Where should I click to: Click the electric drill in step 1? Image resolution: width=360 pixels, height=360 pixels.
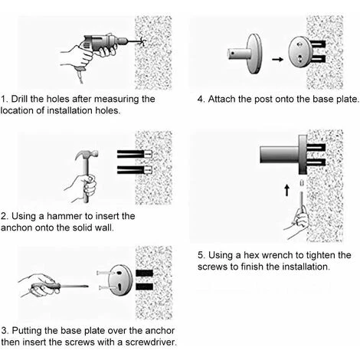[x=107, y=44]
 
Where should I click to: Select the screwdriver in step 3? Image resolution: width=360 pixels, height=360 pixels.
[x=60, y=286]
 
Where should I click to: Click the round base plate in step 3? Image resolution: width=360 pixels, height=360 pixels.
[x=120, y=280]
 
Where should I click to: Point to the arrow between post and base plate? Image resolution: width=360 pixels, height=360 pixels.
[x=277, y=60]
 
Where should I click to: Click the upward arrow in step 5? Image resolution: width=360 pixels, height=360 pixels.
[x=287, y=191]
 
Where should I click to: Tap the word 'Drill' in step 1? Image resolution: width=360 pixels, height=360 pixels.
[x=19, y=99]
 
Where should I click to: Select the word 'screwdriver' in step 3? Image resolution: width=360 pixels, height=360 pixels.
[x=151, y=342]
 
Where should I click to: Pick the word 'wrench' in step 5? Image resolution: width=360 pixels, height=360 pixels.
[x=278, y=255]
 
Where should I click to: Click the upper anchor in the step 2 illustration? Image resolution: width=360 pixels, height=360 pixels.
[x=135, y=154]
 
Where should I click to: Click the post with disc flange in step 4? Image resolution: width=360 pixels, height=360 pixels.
[x=245, y=54]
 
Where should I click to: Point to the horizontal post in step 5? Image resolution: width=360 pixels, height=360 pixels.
[x=280, y=155]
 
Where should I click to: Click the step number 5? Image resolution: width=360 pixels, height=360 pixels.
[x=201, y=255]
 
